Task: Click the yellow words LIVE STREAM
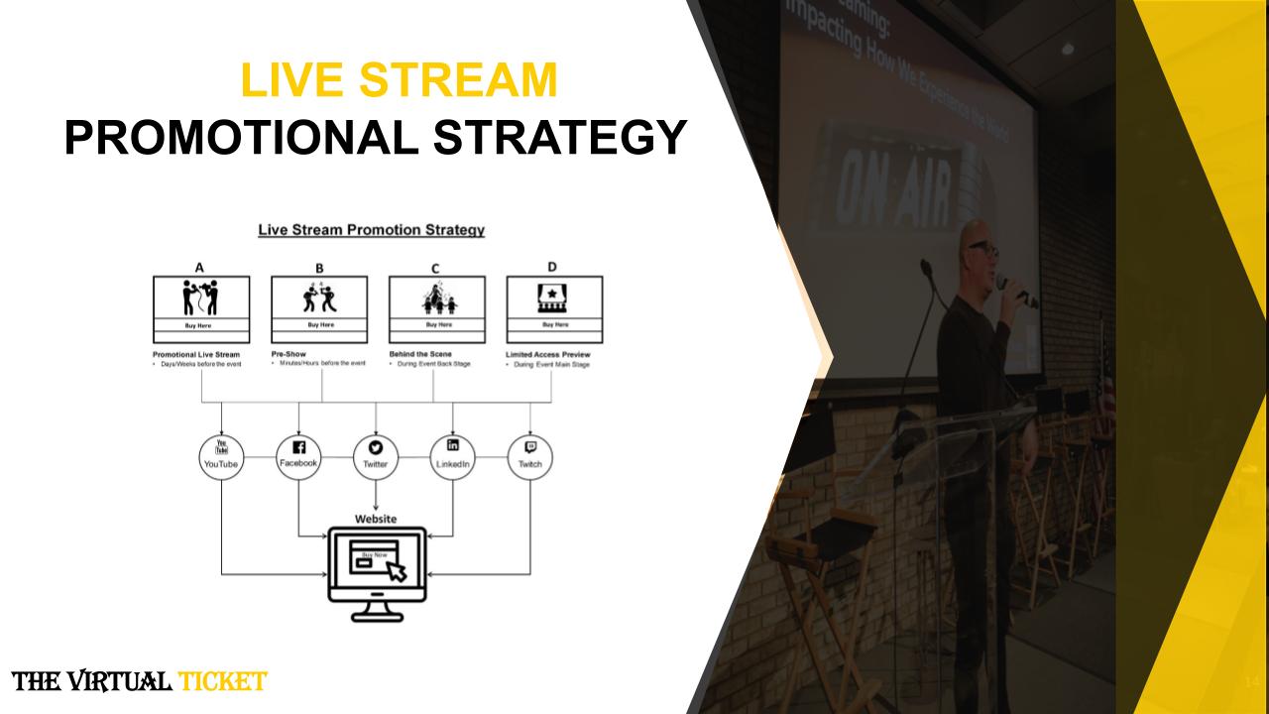point(400,80)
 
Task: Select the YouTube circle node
point(220,457)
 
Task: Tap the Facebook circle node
point(298,457)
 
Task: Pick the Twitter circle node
point(376,457)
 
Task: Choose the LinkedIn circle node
point(453,457)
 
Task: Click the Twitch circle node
point(530,457)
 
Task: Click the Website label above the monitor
point(376,519)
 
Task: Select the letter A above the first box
point(200,267)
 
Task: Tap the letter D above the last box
point(552,267)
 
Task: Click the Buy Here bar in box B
point(319,325)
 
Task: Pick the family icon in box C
point(437,298)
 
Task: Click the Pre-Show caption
point(288,354)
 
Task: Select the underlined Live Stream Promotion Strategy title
point(371,230)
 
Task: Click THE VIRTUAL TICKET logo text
point(139,681)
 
